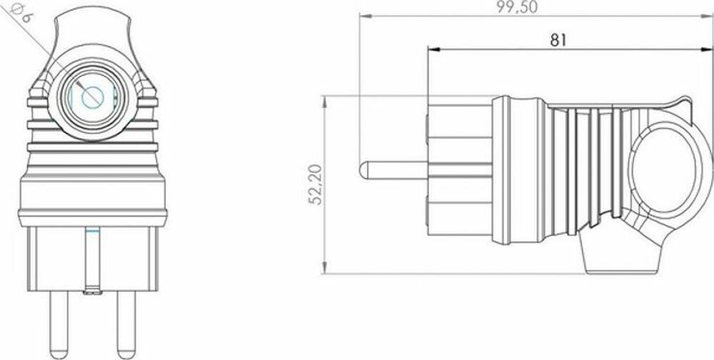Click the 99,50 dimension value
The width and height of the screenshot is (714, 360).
[x=517, y=7]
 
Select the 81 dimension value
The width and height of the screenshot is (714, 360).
[x=558, y=40]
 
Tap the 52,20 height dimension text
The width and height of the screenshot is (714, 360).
[x=316, y=184]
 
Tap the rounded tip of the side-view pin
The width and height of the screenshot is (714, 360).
[x=363, y=171]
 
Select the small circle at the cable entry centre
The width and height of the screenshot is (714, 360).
[x=92, y=97]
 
